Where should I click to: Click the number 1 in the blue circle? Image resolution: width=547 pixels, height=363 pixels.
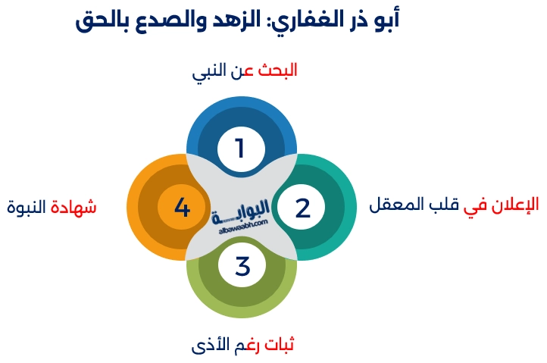point(240,148)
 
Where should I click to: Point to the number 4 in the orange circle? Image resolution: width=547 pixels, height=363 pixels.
point(182,207)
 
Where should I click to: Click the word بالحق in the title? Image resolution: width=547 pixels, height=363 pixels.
point(102,20)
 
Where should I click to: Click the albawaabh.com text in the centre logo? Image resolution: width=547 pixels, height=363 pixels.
point(242,225)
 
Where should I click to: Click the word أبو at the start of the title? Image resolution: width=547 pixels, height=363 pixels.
point(382,20)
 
